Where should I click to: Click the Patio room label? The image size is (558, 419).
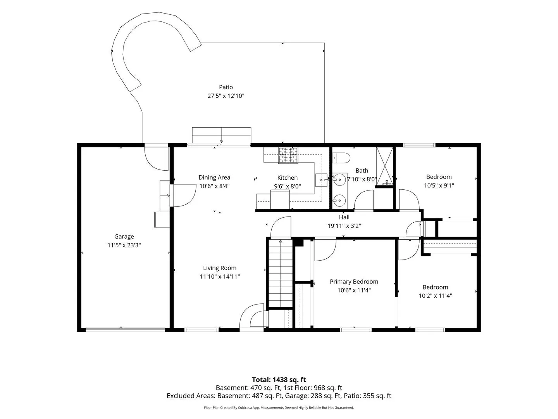pyautogui.click(x=226, y=87)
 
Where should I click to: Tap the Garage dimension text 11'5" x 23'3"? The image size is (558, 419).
pyautogui.click(x=124, y=245)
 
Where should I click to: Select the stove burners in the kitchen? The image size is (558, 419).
pyautogui.click(x=288, y=155)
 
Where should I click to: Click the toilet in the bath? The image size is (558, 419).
pyautogui.click(x=341, y=158)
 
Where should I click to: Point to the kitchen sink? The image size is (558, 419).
pyautogui.click(x=321, y=180)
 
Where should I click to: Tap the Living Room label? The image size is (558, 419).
pyautogui.click(x=220, y=268)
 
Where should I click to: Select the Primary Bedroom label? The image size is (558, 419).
pyautogui.click(x=354, y=282)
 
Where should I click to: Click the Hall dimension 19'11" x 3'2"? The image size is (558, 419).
pyautogui.click(x=344, y=226)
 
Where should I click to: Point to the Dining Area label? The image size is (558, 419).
pyautogui.click(x=214, y=177)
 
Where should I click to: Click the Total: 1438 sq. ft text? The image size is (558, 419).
pyautogui.click(x=279, y=379)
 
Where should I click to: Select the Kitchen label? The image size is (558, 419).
pyautogui.click(x=287, y=178)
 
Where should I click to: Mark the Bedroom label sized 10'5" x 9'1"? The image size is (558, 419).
pyautogui.click(x=439, y=177)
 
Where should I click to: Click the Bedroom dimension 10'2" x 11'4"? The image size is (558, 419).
pyautogui.click(x=435, y=296)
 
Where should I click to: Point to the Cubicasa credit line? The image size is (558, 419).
pyautogui.click(x=279, y=407)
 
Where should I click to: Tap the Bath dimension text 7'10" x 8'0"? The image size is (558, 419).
pyautogui.click(x=362, y=179)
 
